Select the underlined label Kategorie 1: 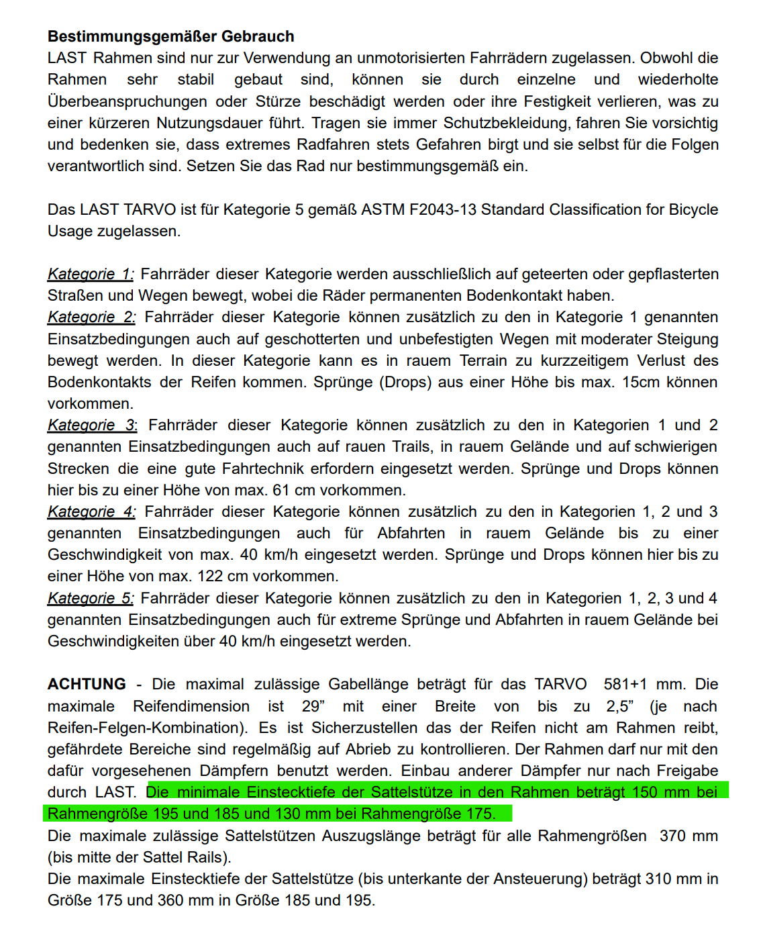pyautogui.click(x=91, y=274)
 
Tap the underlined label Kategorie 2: pyautogui.click(x=91, y=317)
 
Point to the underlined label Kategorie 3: pyautogui.click(x=92, y=425)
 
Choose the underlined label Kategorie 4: pyautogui.click(x=91, y=511)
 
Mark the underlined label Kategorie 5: pyautogui.click(x=91, y=598)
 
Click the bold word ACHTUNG pyautogui.click(x=87, y=684)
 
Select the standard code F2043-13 pyautogui.click(x=436, y=209)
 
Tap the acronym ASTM pyautogui.click(x=379, y=209)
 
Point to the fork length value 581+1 pyautogui.click(x=625, y=684)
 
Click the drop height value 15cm pyautogui.click(x=642, y=382)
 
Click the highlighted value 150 pyautogui.click(x=644, y=792)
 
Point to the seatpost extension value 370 pyautogui.click(x=672, y=836)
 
